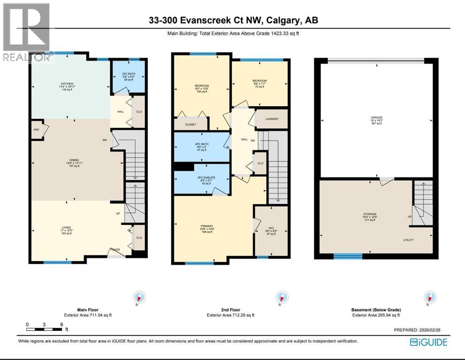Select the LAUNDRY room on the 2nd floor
coord(272,119)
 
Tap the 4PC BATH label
coord(201,143)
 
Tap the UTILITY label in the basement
coord(408,240)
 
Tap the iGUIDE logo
coord(428,342)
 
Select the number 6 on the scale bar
coord(61,324)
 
